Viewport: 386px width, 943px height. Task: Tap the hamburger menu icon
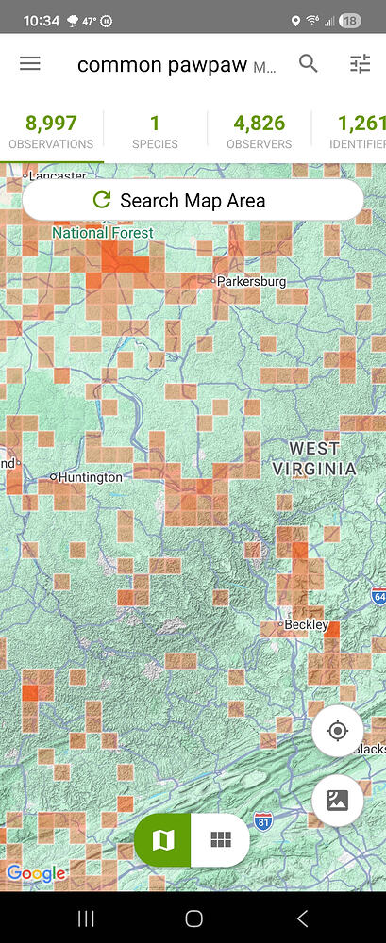point(30,64)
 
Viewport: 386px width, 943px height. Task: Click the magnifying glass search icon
point(309,64)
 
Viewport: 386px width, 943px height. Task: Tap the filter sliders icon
point(360,64)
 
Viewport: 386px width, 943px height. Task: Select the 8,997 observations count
point(51,130)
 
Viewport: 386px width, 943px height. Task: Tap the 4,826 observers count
point(260,130)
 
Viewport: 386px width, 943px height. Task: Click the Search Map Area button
point(193,200)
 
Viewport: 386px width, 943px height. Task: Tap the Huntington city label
point(90,477)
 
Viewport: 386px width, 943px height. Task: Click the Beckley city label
point(307,625)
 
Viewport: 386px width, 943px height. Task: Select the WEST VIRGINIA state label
point(314,458)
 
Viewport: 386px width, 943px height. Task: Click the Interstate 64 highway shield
point(378,596)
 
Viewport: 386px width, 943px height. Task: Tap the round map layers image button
point(337,801)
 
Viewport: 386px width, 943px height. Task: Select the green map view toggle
point(163,839)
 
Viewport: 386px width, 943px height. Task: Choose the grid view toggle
point(221,839)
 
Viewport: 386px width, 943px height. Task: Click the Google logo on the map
point(36,874)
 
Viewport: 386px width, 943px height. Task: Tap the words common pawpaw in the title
point(161,64)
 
